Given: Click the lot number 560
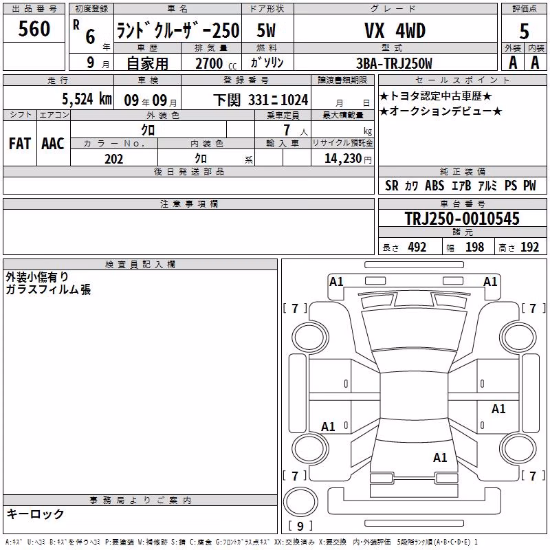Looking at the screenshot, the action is (34, 28).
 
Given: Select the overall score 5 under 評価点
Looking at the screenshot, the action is (524, 31).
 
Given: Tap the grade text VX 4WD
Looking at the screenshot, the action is (395, 30).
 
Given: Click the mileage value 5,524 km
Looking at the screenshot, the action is (87, 99).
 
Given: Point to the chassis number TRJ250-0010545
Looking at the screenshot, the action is (462, 218).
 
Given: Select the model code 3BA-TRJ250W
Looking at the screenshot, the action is (394, 63).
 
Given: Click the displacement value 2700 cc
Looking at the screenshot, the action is (216, 63).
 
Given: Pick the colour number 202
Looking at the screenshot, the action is (113, 159).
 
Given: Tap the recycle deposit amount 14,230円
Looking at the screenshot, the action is (348, 159).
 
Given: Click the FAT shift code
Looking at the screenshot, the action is (20, 144).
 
